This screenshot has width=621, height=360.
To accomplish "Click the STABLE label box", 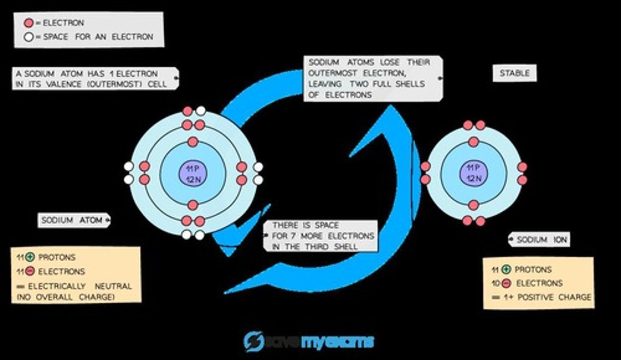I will [x=514, y=73].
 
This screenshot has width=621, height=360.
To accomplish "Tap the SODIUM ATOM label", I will [x=72, y=220].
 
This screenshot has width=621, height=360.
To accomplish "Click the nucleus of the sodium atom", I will [x=193, y=173].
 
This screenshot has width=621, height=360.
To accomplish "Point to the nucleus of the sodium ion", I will [x=474, y=173].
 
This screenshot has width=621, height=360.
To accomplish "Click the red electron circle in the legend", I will [x=28, y=23].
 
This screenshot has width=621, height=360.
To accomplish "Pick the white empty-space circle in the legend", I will [x=28, y=37].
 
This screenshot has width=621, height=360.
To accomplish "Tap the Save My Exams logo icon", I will [x=254, y=341].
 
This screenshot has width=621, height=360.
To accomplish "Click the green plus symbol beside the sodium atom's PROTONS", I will [x=30, y=257].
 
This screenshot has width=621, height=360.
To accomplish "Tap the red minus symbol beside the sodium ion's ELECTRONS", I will [x=507, y=284].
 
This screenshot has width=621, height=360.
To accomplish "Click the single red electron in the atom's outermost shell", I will [x=187, y=111].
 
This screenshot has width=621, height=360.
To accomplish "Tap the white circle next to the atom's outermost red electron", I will [x=201, y=111].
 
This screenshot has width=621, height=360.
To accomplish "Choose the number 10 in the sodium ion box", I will [x=496, y=284].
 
